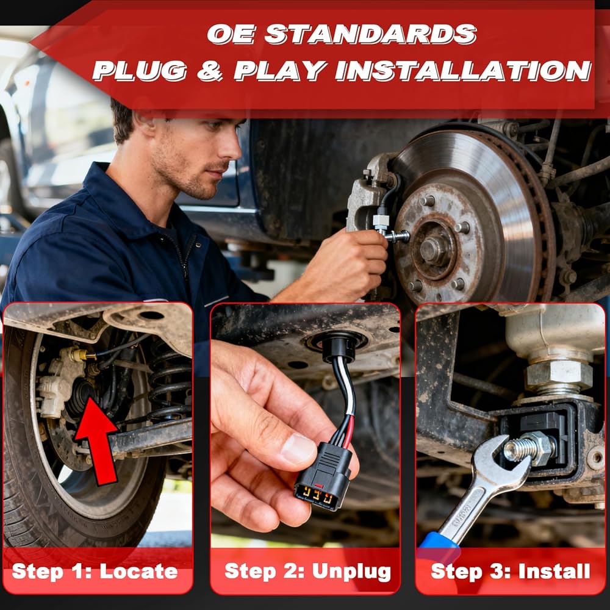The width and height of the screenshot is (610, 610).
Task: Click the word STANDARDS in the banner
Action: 370,34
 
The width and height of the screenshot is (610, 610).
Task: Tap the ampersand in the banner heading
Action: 210,71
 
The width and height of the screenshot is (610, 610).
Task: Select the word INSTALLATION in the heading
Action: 464,71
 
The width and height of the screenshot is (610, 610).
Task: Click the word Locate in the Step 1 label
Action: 138,572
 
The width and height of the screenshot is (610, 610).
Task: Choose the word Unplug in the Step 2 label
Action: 351,572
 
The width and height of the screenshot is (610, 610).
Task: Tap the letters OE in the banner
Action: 231,34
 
